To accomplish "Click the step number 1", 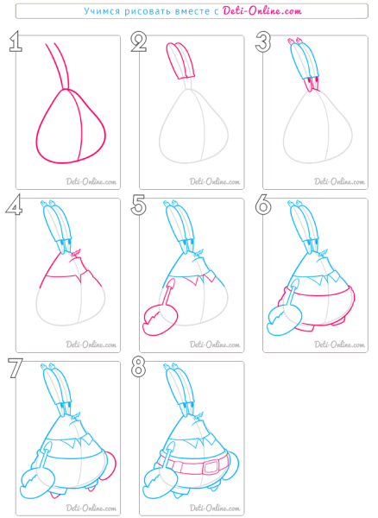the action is tap(16, 41).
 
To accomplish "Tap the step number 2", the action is tap(139, 42).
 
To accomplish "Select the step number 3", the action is tap(262, 42).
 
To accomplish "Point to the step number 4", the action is tap(14, 205).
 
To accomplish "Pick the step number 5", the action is tap(138, 205).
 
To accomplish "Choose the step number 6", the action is tap(263, 205).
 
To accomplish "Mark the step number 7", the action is tap(16, 368).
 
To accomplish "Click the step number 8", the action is tap(138, 368).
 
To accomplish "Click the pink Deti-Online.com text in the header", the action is tap(262, 11).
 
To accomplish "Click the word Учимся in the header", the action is tap(102, 11).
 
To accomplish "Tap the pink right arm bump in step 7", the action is tap(111, 465).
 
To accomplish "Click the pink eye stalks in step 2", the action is tap(180, 60).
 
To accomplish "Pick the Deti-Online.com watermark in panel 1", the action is tap(91, 181).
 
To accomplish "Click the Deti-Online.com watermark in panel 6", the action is tap(339, 344).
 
